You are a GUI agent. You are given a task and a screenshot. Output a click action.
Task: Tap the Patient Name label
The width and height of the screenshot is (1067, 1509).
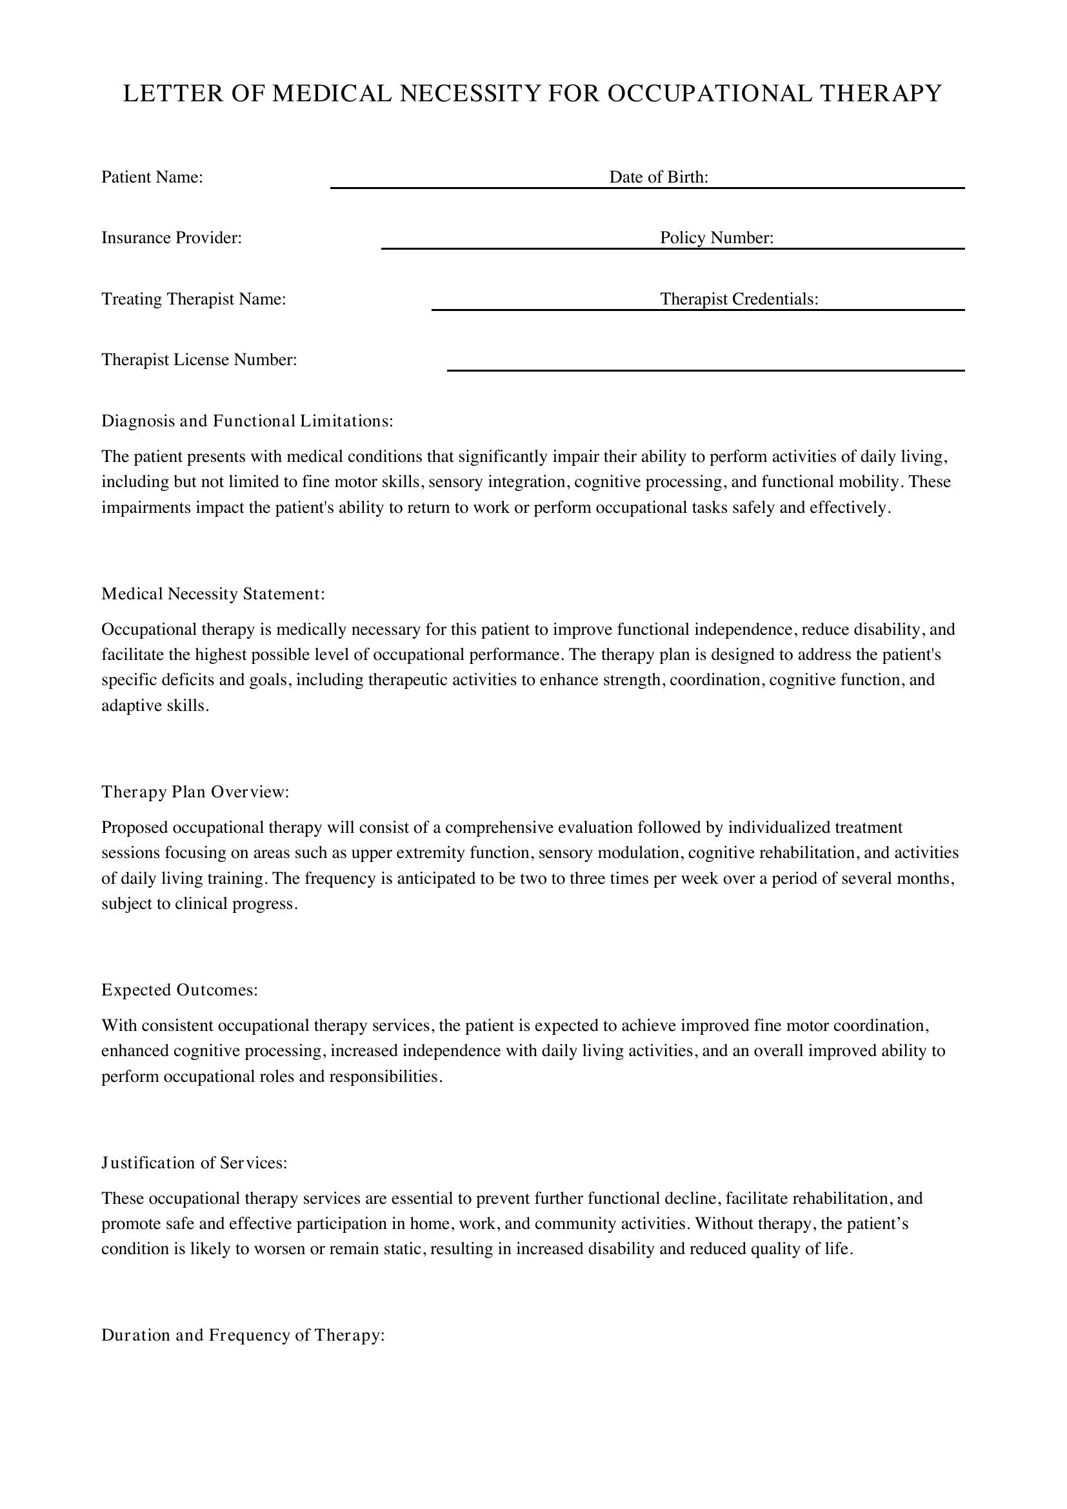(x=152, y=177)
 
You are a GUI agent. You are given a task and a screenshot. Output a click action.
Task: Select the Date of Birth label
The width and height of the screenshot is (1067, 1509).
(x=659, y=177)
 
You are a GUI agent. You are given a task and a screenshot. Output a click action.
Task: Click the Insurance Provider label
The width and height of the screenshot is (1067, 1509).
(x=172, y=238)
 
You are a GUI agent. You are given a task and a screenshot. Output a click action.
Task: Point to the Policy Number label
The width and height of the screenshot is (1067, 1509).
(x=716, y=238)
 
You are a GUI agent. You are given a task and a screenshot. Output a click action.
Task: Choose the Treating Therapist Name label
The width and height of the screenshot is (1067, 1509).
(x=193, y=299)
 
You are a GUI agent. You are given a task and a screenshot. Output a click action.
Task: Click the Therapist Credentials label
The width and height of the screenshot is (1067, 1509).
(x=739, y=299)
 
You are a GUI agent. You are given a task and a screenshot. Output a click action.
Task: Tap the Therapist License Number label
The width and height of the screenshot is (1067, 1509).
(x=199, y=360)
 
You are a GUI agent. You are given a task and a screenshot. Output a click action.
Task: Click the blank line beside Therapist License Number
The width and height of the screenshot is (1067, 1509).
(x=705, y=369)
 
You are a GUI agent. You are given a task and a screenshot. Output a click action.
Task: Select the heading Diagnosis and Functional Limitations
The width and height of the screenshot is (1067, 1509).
(x=247, y=421)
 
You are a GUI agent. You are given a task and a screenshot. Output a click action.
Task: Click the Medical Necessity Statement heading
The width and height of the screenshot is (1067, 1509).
(x=213, y=594)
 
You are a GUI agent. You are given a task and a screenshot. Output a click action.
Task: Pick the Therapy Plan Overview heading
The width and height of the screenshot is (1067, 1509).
(x=195, y=793)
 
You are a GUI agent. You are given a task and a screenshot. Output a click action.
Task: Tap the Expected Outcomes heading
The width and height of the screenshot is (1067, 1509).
(x=179, y=990)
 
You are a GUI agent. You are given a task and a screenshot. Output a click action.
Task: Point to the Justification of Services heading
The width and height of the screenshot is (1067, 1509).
(x=194, y=1163)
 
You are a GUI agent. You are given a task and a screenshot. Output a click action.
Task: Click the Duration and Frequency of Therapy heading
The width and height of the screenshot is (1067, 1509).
(x=243, y=1335)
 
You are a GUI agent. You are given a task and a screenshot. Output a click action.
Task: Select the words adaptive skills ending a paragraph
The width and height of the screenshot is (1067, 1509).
(x=154, y=706)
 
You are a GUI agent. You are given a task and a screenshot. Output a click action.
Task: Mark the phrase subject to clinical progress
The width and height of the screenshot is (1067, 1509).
(x=199, y=904)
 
